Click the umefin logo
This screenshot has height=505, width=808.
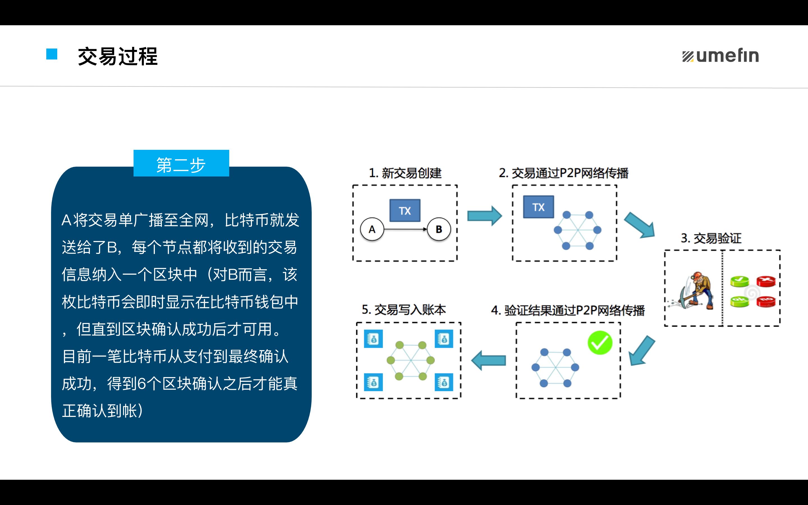tap(720, 56)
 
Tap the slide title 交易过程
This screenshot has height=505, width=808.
tap(118, 56)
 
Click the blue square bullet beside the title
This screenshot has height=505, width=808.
tap(52, 54)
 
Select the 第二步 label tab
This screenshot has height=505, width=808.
tap(181, 163)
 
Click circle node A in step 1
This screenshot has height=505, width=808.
tap(372, 229)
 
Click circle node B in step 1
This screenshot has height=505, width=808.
tap(439, 229)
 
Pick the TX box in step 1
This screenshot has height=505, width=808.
tap(405, 211)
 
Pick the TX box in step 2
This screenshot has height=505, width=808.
tap(538, 207)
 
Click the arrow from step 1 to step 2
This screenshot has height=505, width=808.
tap(485, 216)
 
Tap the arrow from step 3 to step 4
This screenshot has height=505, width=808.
tap(641, 351)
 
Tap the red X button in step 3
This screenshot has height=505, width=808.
tap(766, 281)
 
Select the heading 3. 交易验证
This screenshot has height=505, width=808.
tap(711, 238)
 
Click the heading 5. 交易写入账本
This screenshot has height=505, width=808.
tap(404, 310)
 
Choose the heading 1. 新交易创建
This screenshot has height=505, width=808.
tap(405, 173)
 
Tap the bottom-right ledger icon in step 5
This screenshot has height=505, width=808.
tap(444, 382)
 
